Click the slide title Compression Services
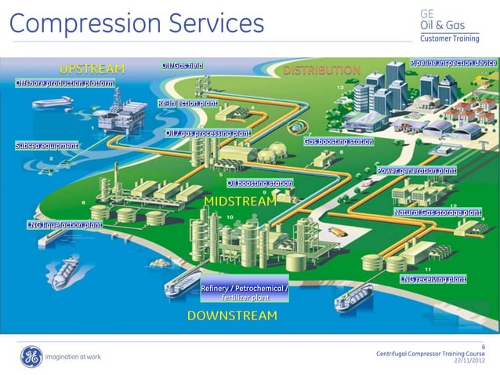coord(136,23)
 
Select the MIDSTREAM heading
coord(240,202)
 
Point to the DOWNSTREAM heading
coord(232,315)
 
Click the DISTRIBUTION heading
coord(321,70)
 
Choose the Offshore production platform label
coord(64,82)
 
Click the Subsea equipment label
coord(46,146)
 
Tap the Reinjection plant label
coord(187,103)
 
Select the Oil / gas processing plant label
coord(208,133)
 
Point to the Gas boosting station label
coord(339,142)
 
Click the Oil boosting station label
coord(259,184)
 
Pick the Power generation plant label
coord(416,170)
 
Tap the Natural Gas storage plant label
coord(437,212)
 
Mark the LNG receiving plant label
coord(433,279)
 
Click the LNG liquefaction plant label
coord(64,225)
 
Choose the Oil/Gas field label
coord(183,65)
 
